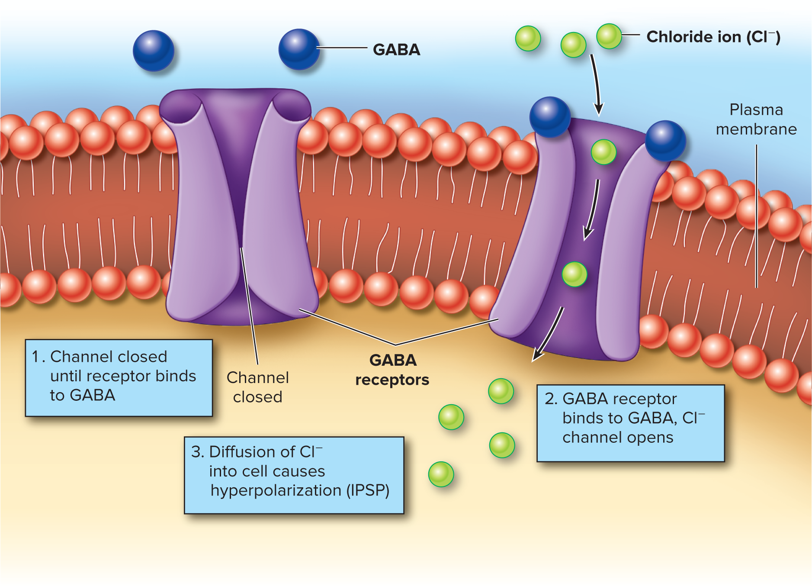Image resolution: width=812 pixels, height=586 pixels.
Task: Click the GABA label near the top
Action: [396, 50]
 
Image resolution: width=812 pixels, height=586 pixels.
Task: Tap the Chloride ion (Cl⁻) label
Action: [713, 37]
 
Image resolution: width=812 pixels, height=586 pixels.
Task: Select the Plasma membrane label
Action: [756, 119]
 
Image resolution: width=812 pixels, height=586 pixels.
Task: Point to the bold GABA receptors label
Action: [392, 370]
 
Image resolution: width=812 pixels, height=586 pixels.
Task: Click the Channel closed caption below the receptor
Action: [258, 387]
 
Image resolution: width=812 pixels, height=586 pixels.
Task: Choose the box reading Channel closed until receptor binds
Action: [119, 378]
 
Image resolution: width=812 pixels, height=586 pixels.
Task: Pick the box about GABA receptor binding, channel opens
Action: [630, 423]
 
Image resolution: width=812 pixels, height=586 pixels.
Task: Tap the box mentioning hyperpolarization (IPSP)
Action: [294, 475]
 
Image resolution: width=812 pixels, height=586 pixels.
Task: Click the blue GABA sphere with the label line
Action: [299, 49]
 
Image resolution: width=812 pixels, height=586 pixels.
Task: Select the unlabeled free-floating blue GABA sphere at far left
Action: [154, 51]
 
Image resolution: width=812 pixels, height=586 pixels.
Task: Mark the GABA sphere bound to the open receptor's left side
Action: [550, 117]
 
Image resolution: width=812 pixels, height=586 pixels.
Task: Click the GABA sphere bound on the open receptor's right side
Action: [665, 141]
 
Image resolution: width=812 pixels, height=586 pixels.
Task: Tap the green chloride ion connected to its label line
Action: [609, 36]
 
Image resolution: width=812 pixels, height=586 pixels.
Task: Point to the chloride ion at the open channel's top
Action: [603, 152]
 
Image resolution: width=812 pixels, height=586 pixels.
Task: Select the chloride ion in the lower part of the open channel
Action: [574, 274]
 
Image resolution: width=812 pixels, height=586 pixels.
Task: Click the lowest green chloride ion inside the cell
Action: [441, 474]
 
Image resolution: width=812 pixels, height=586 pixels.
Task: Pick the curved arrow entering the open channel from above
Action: [597, 84]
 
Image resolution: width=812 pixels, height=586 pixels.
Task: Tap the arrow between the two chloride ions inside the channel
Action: [593, 210]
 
